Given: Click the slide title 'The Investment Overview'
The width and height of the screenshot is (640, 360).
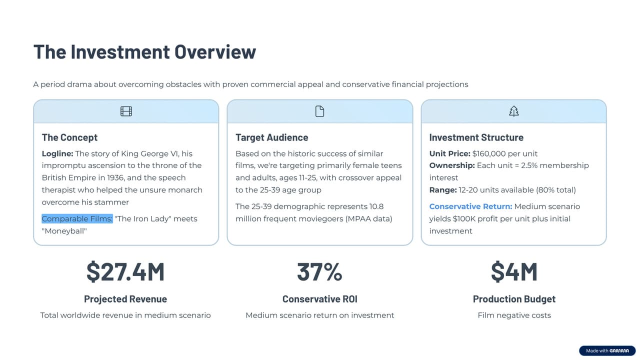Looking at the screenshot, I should (144, 52).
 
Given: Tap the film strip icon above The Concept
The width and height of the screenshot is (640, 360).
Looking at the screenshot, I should (126, 111).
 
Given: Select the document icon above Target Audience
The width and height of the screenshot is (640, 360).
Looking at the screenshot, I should (320, 111).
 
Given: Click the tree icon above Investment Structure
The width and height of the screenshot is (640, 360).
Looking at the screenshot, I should (513, 111).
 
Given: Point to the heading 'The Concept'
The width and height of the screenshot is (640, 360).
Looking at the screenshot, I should (69, 137).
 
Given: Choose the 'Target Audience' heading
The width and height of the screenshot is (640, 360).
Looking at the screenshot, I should (271, 137).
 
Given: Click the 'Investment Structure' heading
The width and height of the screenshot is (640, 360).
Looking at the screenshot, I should (476, 137).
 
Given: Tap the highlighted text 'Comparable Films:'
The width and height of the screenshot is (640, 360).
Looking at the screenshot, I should (77, 218).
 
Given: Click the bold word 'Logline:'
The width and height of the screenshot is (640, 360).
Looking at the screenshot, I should (57, 153).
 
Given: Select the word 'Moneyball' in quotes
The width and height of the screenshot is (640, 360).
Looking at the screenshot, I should (64, 231).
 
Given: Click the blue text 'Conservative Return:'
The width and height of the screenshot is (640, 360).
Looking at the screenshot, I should (470, 206).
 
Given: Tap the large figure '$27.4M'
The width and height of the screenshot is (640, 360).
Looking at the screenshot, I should (125, 271).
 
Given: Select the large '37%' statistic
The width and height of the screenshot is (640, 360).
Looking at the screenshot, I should (319, 271).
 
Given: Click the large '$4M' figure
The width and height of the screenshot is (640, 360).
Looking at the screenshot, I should (514, 271).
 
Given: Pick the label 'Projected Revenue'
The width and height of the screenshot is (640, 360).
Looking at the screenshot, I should (125, 299).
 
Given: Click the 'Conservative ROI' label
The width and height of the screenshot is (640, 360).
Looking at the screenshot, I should (319, 299).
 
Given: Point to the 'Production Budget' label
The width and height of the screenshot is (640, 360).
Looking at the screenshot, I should (514, 299).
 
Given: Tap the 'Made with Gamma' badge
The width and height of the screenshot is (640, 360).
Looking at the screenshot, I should (607, 351).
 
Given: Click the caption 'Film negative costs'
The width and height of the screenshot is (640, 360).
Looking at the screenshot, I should (514, 315).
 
